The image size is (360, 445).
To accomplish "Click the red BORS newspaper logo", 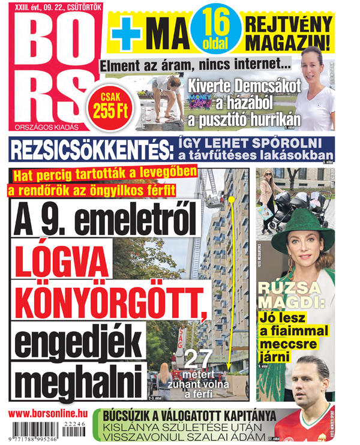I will point(51,66).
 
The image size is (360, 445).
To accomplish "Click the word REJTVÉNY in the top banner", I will point(287,25).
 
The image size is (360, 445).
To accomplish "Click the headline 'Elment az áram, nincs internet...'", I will point(195,65).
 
